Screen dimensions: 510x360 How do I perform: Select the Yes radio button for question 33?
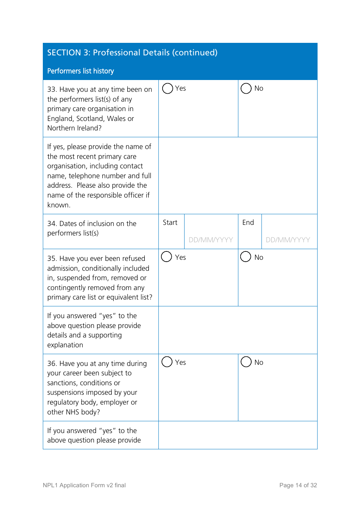pyautogui.click(x=167, y=88)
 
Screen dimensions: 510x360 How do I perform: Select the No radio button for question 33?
pyautogui.click(x=246, y=88)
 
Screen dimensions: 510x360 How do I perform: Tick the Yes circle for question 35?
pyautogui.click(x=167, y=257)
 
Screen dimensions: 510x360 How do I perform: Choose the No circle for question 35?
pyautogui.click(x=246, y=257)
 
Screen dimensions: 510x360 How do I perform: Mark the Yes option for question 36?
pyautogui.click(x=167, y=362)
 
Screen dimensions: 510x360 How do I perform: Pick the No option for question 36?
pyautogui.click(x=246, y=362)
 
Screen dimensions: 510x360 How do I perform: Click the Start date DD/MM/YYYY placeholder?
pyautogui.click(x=211, y=240)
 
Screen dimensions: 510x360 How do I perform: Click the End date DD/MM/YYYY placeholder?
pyautogui.click(x=288, y=240)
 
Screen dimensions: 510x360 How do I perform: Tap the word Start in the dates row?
pyautogui.click(x=170, y=223)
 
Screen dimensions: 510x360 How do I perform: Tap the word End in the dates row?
pyautogui.click(x=248, y=223)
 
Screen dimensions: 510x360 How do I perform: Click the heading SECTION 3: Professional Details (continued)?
pyautogui.click(x=132, y=52)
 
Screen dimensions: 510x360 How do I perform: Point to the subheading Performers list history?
pyautogui.click(x=80, y=71)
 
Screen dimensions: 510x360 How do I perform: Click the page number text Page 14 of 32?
pyautogui.click(x=298, y=485)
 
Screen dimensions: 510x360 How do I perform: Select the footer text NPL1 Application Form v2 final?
pyautogui.click(x=84, y=485)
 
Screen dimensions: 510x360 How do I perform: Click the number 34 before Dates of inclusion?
pyautogui.click(x=52, y=224)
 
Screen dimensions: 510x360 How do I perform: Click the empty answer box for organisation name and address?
pyautogui.click(x=238, y=176)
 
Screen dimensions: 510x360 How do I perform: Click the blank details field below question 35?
pyautogui.click(x=238, y=330)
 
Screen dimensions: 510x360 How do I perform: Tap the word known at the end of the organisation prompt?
pyautogui.click(x=58, y=205)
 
